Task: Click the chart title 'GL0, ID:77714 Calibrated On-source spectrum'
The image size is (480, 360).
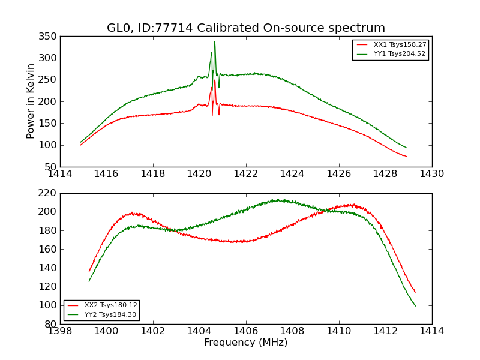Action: pyautogui.click(x=246, y=28)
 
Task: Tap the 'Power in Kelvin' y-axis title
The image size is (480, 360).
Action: pyautogui.click(x=31, y=101)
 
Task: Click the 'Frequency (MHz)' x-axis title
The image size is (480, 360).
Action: pyautogui.click(x=246, y=343)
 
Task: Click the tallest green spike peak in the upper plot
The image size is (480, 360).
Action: pyautogui.click(x=215, y=42)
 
